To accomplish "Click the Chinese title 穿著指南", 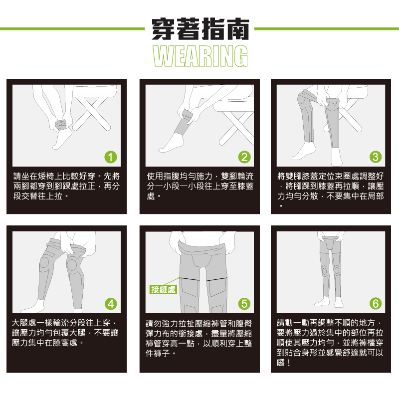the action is coord(200,29).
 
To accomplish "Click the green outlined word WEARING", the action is coord(200,56).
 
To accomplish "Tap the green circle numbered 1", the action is coord(111,157).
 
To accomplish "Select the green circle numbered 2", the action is coord(244,157).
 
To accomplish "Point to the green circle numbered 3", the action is coord(376,157).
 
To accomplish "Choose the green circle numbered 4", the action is coord(111,304).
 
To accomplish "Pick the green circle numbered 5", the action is coord(244,304).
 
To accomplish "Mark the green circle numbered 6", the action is coord(376,304).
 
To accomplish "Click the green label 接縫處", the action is coord(163,289).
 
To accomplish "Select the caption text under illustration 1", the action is coord(66,186).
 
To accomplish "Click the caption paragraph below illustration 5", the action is coord(199,339).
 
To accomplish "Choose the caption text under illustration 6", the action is coord(330,343).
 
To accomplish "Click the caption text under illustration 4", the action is coord(65,333).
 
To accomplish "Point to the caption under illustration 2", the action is coord(200,186).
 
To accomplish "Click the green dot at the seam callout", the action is coord(180,278).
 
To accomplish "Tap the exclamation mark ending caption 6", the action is coord(289,363).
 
